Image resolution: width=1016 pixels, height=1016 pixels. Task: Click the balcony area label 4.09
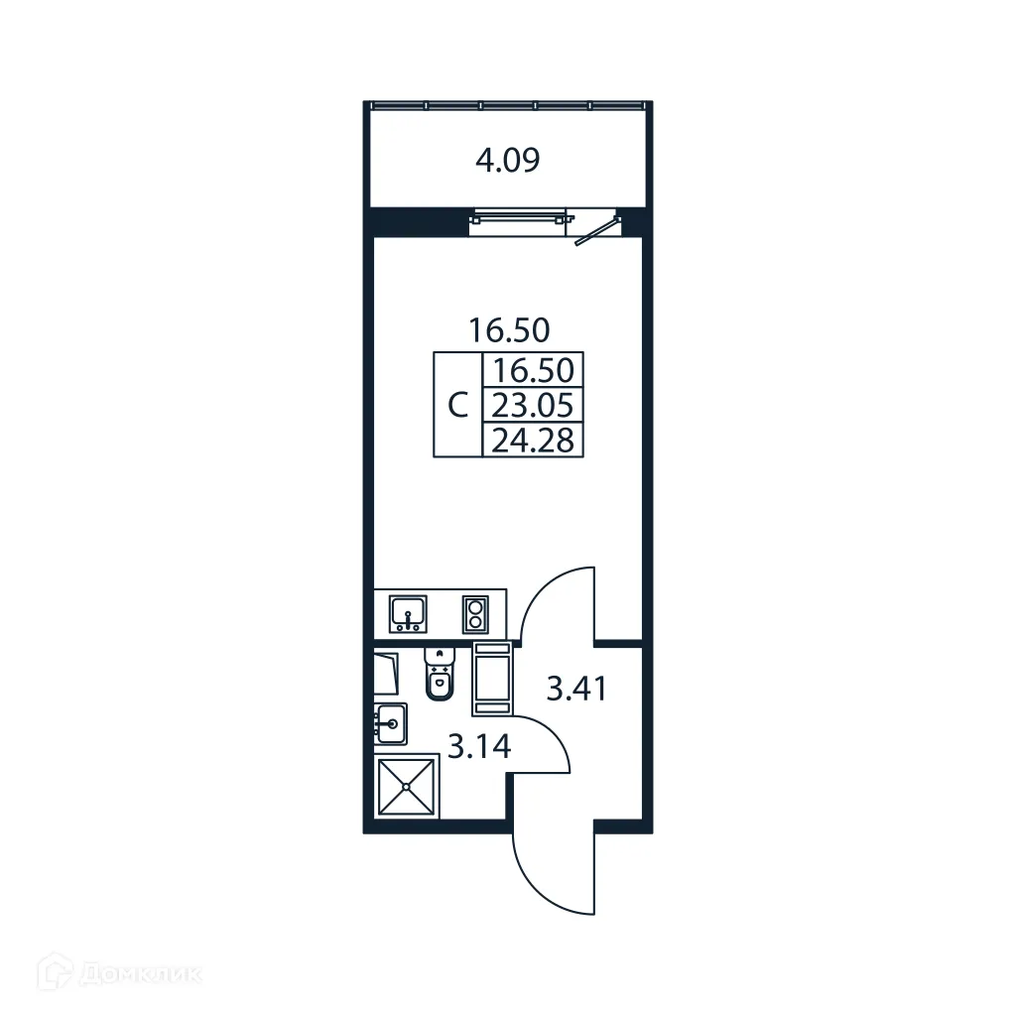[507, 160]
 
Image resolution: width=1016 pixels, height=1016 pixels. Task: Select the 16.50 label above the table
[509, 328]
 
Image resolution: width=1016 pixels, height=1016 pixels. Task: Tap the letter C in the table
[457, 406]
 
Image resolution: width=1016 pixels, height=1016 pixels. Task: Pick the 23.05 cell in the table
[533, 405]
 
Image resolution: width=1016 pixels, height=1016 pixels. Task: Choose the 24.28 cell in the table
[533, 439]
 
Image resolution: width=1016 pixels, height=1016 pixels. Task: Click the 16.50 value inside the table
[533, 371]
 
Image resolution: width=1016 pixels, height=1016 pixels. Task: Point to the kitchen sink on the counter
[407, 612]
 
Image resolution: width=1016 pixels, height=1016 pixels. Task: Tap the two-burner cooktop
[474, 612]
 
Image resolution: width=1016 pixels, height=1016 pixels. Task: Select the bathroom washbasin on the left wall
[390, 723]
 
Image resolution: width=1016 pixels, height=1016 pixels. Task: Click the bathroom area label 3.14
[478, 746]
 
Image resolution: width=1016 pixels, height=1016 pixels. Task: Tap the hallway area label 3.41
[576, 687]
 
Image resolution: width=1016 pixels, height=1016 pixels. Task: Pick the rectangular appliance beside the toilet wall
[492, 678]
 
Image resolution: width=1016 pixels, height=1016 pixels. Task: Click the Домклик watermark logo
[119, 973]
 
